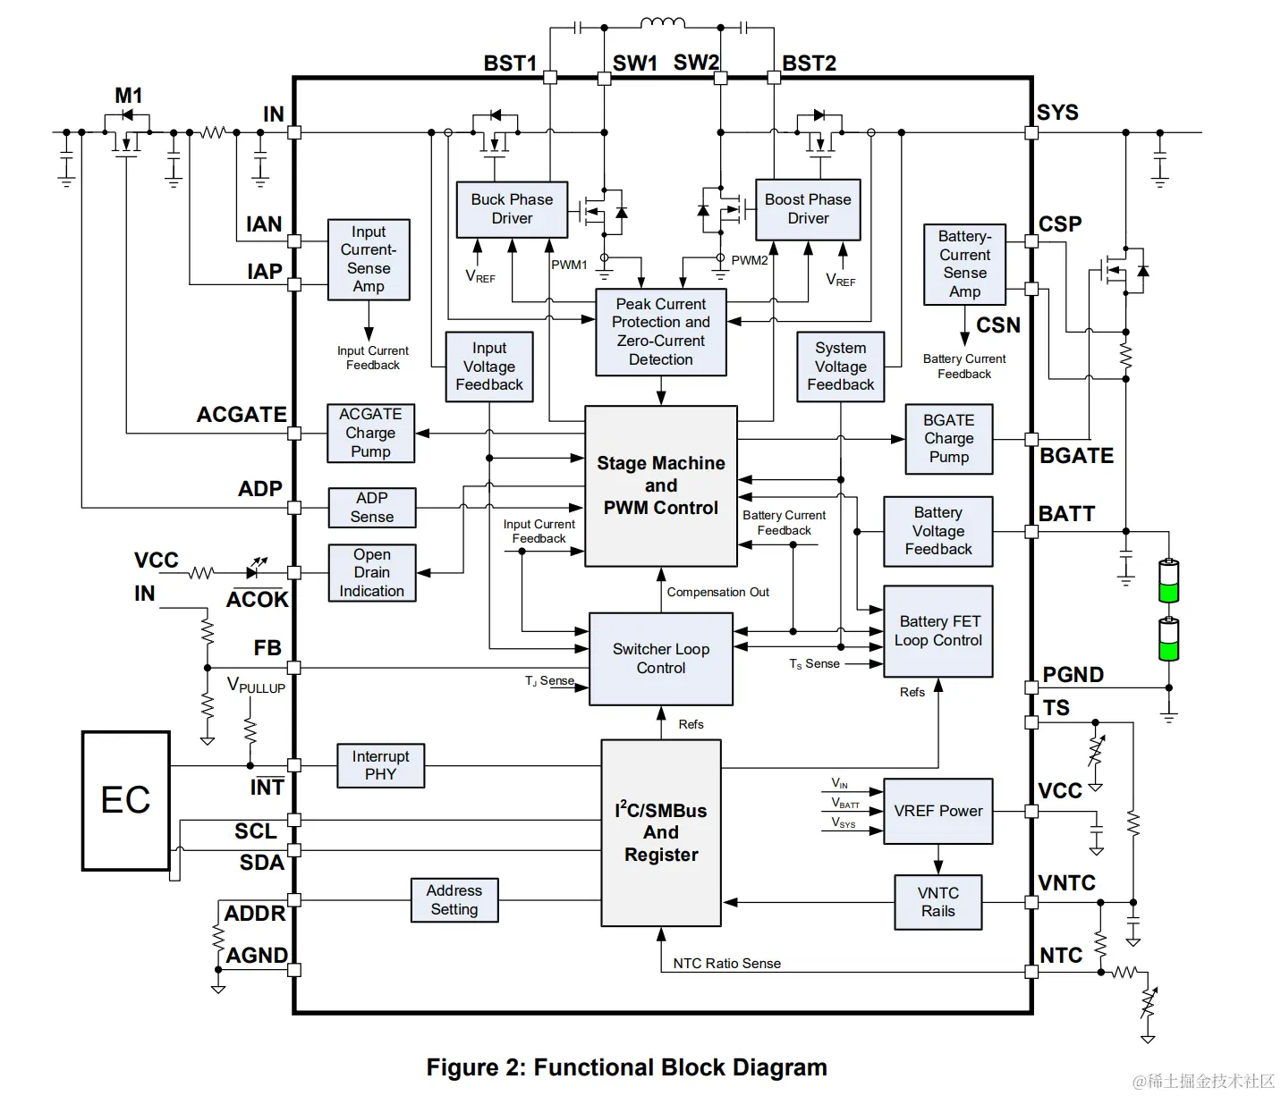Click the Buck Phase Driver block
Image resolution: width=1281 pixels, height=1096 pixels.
coord(512,209)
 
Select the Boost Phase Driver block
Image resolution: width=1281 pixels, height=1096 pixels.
coord(808,209)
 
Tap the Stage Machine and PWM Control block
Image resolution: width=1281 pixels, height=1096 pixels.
coord(661,485)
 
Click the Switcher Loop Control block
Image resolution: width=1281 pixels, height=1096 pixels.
coord(661,659)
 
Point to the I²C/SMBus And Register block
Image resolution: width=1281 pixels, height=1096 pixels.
coord(661,832)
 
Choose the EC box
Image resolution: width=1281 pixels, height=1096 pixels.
coord(126,800)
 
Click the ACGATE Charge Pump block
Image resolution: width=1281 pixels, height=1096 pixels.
coord(370,433)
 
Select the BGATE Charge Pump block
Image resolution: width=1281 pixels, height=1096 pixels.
coord(948,438)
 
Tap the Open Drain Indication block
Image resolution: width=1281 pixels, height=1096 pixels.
coord(371,572)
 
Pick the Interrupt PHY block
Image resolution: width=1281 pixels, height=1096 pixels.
coord(380,765)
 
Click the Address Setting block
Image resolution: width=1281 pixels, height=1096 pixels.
coord(454,899)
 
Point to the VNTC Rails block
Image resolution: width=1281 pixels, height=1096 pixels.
coord(937,902)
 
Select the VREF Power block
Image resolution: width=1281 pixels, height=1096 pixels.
coord(937,811)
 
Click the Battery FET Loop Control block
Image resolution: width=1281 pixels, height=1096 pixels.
coord(937,631)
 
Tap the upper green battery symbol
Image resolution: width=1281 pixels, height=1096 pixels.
coord(1168,581)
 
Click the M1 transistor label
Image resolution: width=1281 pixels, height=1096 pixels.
coord(128,96)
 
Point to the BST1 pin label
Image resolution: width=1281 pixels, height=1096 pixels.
coord(510,63)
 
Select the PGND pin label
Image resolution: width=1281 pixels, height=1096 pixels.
coord(1073,675)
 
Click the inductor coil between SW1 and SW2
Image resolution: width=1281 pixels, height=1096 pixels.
coord(663,23)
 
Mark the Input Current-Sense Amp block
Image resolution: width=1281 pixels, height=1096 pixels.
coord(369,259)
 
